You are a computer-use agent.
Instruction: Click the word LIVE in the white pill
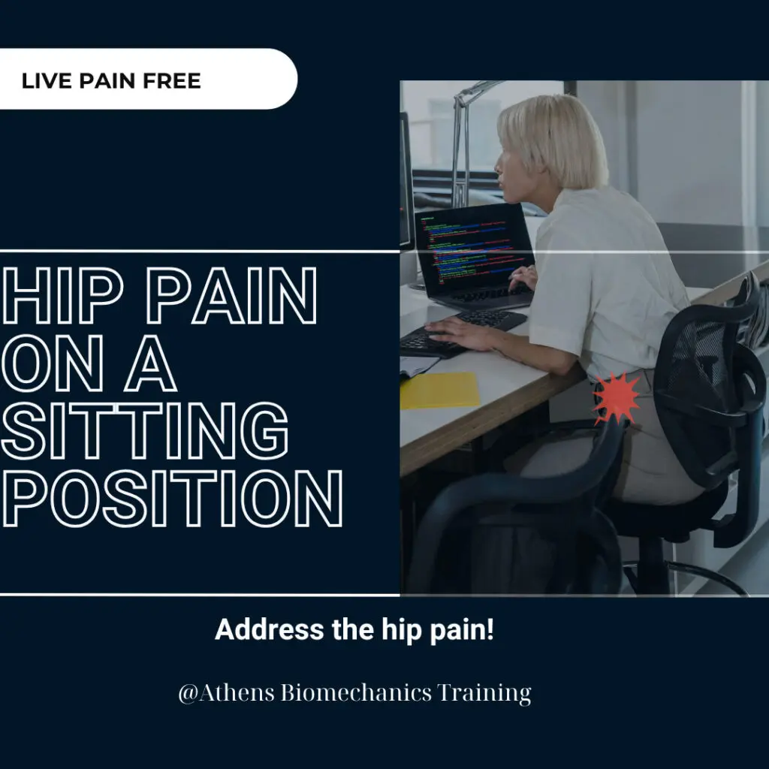[47, 81]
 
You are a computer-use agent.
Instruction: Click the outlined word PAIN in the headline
[231, 296]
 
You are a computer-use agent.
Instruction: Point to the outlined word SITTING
[145, 430]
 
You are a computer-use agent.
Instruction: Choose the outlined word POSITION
[172, 499]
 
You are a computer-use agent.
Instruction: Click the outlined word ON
[53, 363]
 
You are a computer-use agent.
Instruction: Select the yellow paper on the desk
[439, 391]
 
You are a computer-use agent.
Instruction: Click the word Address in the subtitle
[270, 629]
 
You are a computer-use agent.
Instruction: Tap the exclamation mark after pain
[490, 629]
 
